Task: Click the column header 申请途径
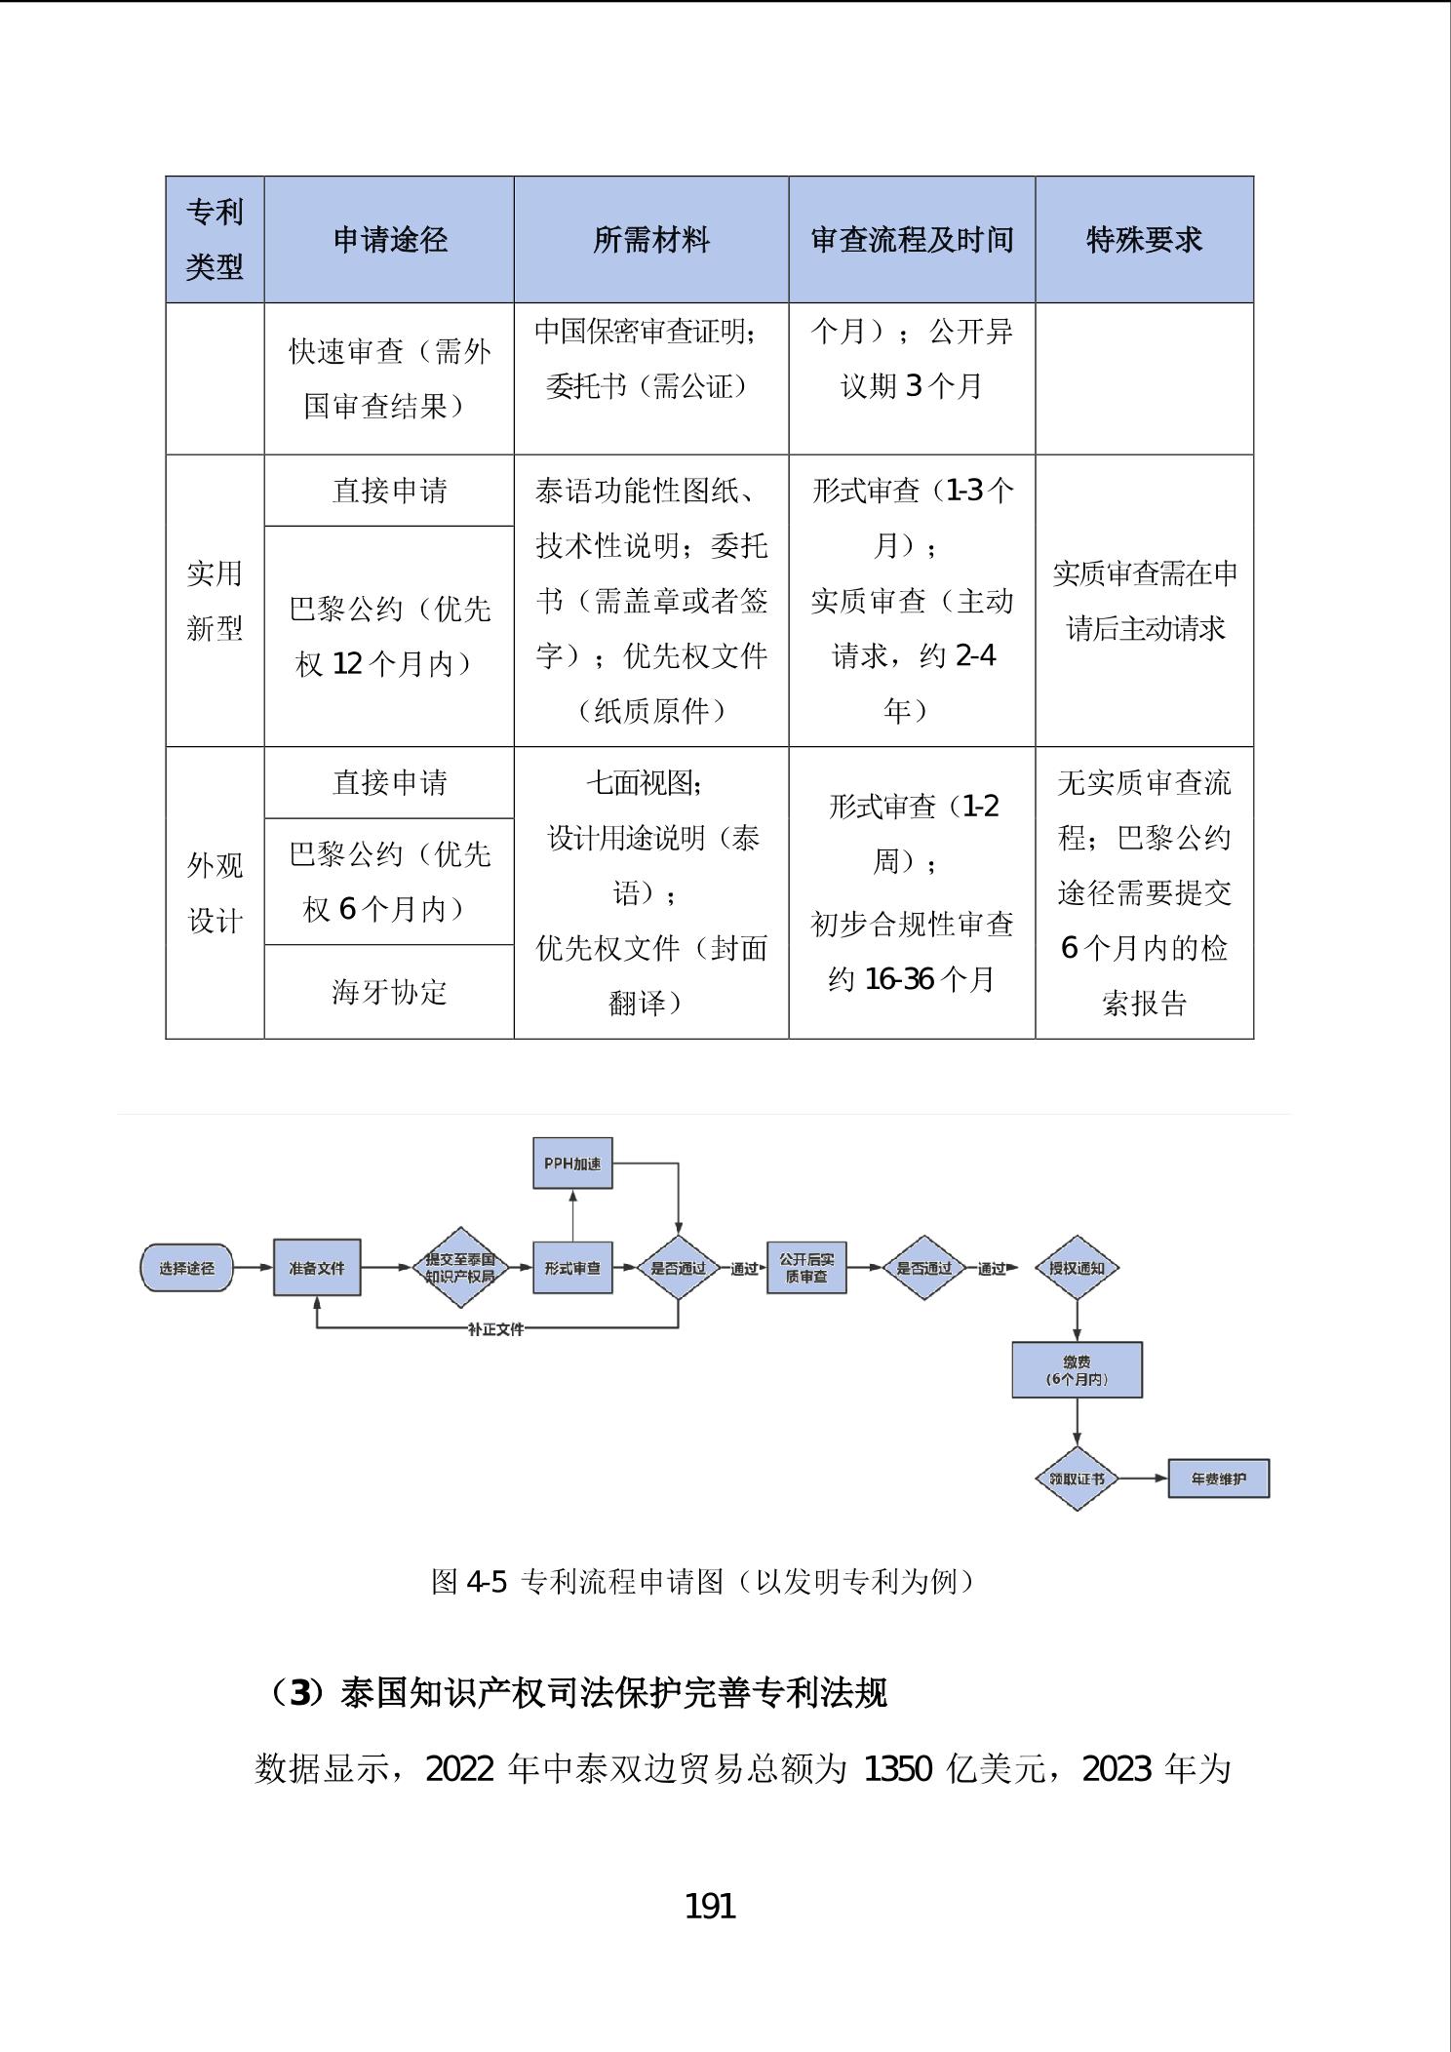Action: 389,240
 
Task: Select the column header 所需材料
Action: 650,240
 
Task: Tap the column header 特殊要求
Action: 1144,240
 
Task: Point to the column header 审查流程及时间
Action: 912,240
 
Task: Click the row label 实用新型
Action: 215,601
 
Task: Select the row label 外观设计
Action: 215,892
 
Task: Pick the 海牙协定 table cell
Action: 389,992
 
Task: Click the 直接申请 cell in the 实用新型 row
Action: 389,491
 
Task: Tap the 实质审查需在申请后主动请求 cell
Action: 1144,601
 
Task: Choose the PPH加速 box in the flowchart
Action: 572,1164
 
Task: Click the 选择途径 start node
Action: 186,1268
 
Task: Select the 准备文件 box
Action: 317,1268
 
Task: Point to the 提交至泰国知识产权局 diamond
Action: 460,1268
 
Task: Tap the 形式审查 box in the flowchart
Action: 572,1268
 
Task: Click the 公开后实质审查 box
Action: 806,1268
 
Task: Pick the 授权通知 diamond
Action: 1077,1268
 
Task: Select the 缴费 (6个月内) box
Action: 1077,1370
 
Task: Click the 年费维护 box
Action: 1219,1479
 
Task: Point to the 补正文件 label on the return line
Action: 495,1329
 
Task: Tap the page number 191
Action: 710,1905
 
